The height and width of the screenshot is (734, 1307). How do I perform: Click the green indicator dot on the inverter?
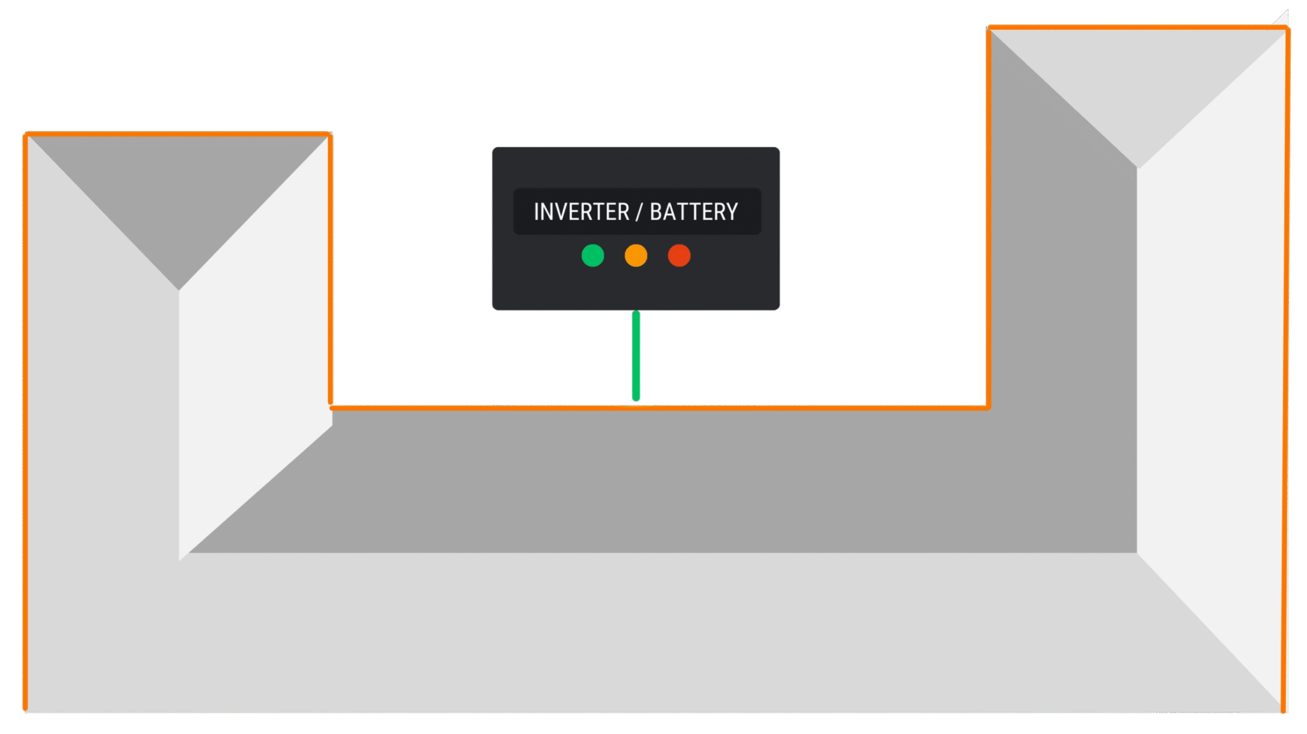(x=592, y=255)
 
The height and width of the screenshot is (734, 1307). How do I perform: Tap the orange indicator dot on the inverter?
(x=636, y=255)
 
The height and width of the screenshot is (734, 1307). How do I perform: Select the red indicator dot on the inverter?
(x=679, y=255)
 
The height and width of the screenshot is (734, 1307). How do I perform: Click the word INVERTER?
(x=581, y=212)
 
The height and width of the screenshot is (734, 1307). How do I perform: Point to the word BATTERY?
(x=694, y=212)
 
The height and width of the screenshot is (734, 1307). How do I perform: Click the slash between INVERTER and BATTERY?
(x=639, y=212)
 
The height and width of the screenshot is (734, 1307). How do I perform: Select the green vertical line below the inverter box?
(x=636, y=356)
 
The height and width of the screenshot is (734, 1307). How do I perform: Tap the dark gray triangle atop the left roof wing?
(x=179, y=191)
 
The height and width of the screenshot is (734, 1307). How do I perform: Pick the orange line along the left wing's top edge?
(x=177, y=134)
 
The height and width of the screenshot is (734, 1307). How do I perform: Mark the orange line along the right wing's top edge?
(x=1138, y=27)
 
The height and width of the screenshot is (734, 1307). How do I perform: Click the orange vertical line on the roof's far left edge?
(x=26, y=422)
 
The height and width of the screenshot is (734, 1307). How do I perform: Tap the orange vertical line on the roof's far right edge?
(x=1286, y=370)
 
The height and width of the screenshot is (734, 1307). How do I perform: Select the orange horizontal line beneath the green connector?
(x=659, y=407)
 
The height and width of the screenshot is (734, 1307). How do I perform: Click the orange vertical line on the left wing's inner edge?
(x=331, y=269)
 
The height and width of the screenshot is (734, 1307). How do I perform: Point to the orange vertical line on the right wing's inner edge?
(x=989, y=217)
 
